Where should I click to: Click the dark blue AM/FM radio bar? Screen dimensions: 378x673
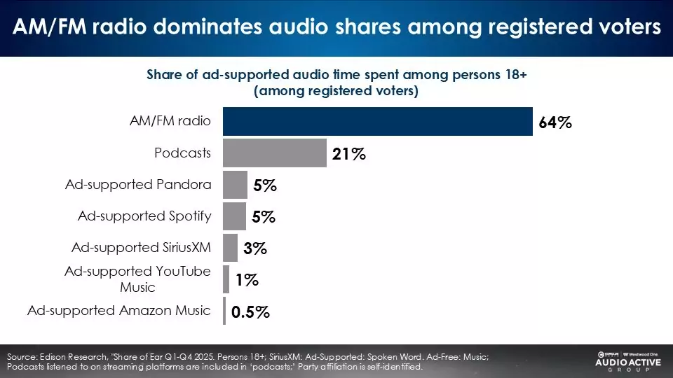coord(378,121)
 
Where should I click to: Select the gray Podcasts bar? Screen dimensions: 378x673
coord(275,153)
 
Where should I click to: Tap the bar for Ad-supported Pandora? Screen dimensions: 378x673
coord(235,185)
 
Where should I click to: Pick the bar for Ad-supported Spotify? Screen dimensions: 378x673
coord(234,216)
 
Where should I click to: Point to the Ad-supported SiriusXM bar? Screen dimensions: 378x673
coord(231,248)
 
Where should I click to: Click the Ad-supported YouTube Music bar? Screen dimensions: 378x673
coord(226,279)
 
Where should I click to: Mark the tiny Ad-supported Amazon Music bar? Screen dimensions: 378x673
coord(224,311)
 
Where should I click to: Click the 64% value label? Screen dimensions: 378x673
coord(555,123)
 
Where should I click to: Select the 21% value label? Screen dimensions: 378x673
coord(349,155)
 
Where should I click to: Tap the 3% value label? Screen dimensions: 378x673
coord(255,249)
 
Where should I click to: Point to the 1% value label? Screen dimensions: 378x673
coord(247,281)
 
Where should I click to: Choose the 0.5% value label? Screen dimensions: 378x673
coord(250,312)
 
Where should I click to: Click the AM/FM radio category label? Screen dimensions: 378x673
coord(170,120)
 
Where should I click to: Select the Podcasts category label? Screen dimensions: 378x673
coord(182,152)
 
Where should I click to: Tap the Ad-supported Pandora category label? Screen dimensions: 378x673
coord(138,184)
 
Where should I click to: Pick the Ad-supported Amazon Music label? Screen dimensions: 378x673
coord(119,310)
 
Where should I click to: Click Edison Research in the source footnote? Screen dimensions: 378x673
coord(71,357)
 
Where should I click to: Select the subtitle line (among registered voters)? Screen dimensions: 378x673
coord(336,91)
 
